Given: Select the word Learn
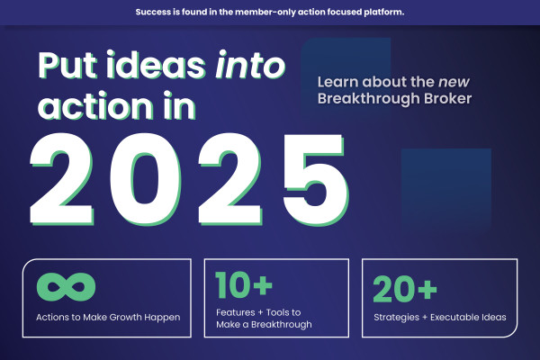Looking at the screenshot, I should pos(338,83).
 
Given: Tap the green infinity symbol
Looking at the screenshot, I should pos(67,287).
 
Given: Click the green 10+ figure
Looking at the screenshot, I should pos(243,286).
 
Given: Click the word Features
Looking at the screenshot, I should pos(236,311).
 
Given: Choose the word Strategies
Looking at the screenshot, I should pos(398,317).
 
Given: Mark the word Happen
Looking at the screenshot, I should pos(164,317).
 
